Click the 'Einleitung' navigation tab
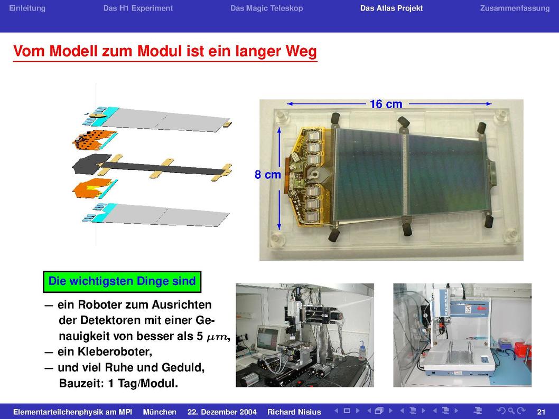[x=27, y=8]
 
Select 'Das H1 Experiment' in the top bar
[x=138, y=8]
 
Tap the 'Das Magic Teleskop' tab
[x=267, y=8]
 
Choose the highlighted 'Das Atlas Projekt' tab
[x=392, y=8]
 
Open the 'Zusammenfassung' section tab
[x=515, y=8]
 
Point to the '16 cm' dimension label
[x=386, y=104]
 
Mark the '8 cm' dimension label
[x=267, y=175]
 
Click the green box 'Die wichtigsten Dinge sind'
[x=122, y=282]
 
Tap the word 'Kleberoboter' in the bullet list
[x=104, y=352]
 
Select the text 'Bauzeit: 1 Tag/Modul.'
[x=118, y=384]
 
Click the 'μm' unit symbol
[x=216, y=337]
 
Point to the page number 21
[x=541, y=412]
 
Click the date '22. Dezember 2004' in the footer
[x=222, y=412]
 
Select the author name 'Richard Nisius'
[x=294, y=412]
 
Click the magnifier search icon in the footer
[x=511, y=411]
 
